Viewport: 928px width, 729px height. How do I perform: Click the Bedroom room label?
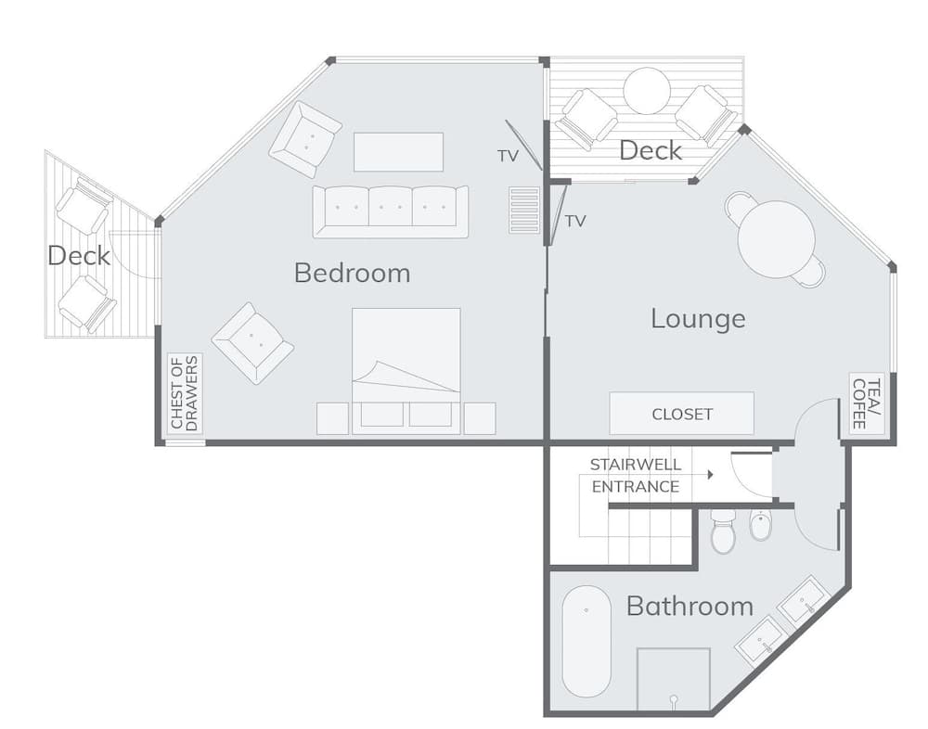coord(352,273)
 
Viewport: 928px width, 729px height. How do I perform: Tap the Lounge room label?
coord(698,318)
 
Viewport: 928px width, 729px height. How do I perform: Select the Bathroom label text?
coord(690,607)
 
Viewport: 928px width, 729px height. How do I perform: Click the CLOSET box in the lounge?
coord(681,414)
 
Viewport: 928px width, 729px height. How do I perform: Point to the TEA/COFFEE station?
coord(859,403)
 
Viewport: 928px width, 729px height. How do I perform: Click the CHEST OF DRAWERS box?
coord(185,393)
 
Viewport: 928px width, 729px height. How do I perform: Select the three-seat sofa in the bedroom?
coord(390,211)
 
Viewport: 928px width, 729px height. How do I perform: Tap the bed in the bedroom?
coord(406,369)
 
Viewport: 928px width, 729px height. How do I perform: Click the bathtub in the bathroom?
coord(586,641)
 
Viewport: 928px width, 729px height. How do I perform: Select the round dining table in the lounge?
coord(776,238)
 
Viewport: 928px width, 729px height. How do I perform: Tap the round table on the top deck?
coord(646,91)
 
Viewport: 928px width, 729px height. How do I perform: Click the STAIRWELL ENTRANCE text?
coord(636,476)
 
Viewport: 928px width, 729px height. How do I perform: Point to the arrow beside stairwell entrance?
coord(709,475)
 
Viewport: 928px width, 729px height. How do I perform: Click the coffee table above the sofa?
coord(398,152)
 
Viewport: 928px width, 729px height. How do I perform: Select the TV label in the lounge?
coord(575,221)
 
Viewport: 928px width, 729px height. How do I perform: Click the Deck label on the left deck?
coord(79,255)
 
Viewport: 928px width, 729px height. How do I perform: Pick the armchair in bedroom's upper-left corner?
coord(305,139)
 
